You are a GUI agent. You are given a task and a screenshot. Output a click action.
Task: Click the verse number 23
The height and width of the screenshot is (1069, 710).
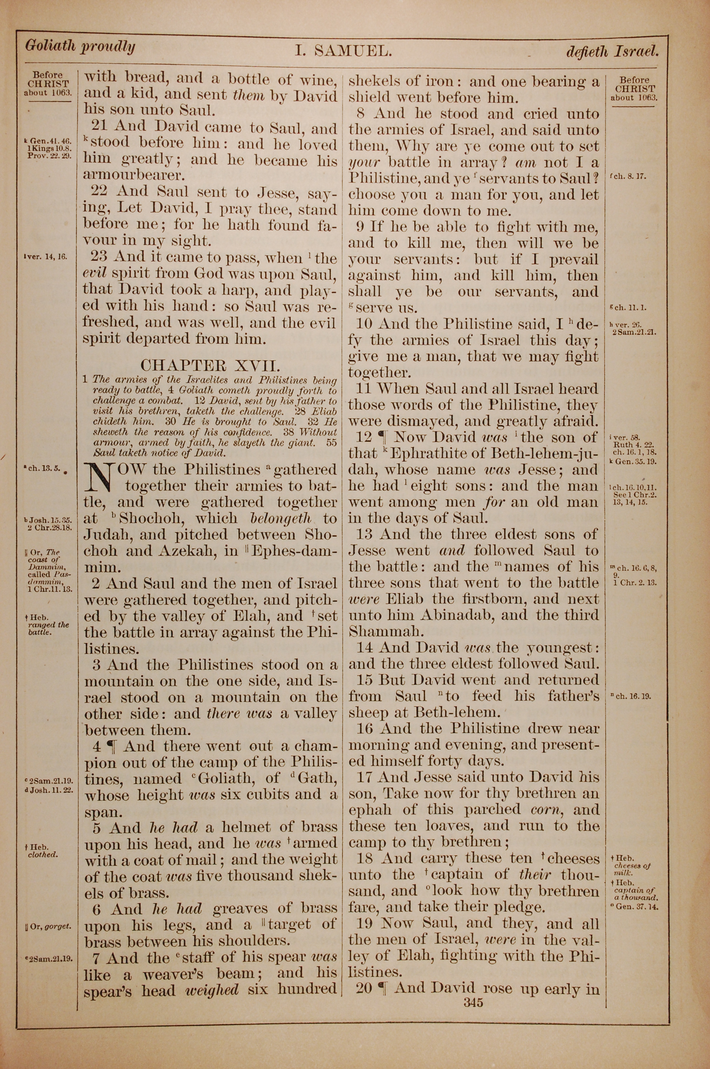click(x=99, y=257)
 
